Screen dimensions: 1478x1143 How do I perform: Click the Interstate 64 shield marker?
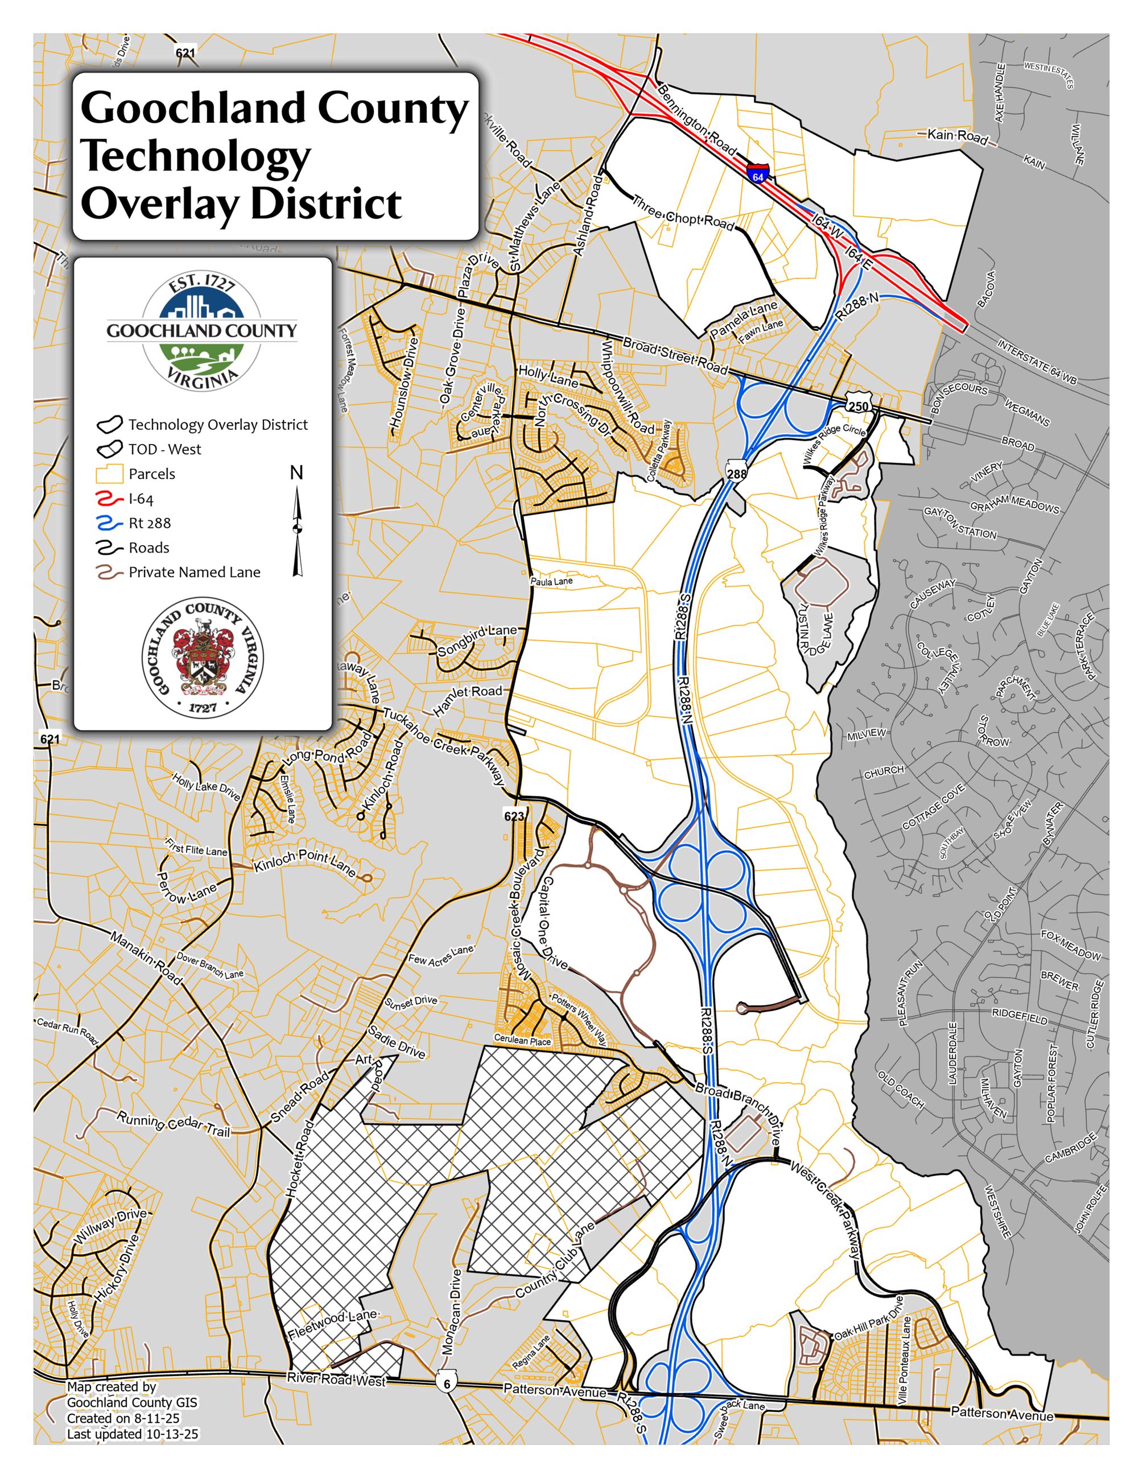coord(758,171)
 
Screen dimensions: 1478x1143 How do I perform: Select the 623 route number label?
coord(514,816)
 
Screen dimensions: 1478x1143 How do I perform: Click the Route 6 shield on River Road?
coord(446,1383)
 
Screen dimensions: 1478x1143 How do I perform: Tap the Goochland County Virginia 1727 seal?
coord(202,657)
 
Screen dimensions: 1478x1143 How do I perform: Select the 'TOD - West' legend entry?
coord(164,449)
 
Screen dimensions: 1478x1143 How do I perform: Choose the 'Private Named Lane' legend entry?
coord(195,572)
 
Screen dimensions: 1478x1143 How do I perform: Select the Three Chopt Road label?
coord(683,213)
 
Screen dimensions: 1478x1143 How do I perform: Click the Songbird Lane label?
coord(477,640)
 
